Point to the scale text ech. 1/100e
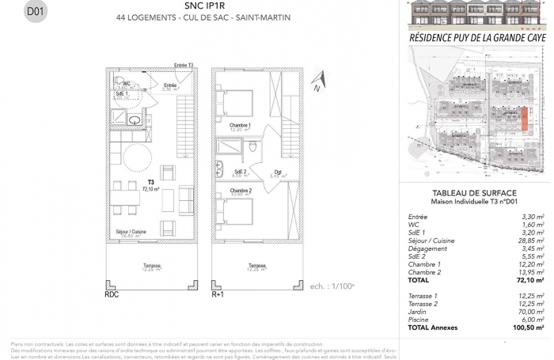coord(355,263)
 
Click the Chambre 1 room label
coord(240,126)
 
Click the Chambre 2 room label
coord(241,191)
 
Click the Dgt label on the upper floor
coord(278,172)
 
